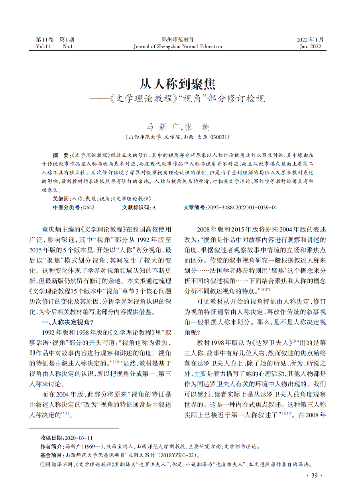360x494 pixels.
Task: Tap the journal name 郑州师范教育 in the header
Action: point(177,40)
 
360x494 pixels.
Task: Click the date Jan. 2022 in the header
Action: point(310,47)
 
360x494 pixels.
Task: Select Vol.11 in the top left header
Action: point(43,47)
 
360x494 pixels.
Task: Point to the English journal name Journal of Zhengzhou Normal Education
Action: point(177,47)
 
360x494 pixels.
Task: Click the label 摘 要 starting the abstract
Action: point(61,155)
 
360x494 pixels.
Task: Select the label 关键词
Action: point(61,198)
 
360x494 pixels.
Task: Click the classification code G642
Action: point(88,207)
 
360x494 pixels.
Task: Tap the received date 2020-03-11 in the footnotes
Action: point(79,438)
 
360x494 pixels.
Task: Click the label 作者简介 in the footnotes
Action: point(52,446)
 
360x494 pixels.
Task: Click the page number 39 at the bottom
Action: point(314,475)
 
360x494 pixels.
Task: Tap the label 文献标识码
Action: point(136,207)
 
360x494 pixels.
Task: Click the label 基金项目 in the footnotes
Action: point(52,455)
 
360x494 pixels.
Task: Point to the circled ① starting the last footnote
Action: point(43,464)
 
